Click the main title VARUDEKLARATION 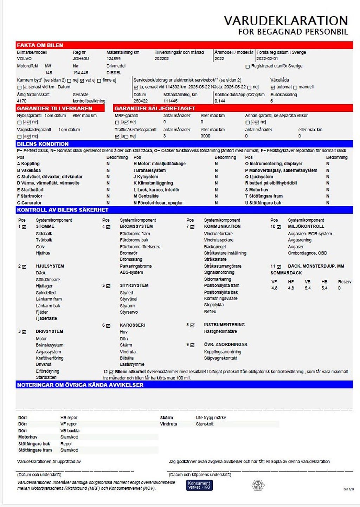285,21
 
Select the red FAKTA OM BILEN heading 40,45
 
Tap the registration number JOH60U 81,59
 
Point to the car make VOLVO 24,59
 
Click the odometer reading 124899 114,59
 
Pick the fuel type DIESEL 114,73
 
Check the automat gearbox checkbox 273,87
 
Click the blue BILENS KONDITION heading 43,144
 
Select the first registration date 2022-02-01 267,59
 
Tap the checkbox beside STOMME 24,227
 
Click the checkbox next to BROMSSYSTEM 108,227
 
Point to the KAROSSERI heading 132,325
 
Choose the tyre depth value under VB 308,288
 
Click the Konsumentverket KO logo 199,485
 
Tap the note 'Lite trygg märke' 211,418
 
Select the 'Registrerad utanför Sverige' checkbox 247,66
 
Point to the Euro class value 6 271,101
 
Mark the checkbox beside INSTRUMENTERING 192,325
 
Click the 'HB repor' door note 69,418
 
